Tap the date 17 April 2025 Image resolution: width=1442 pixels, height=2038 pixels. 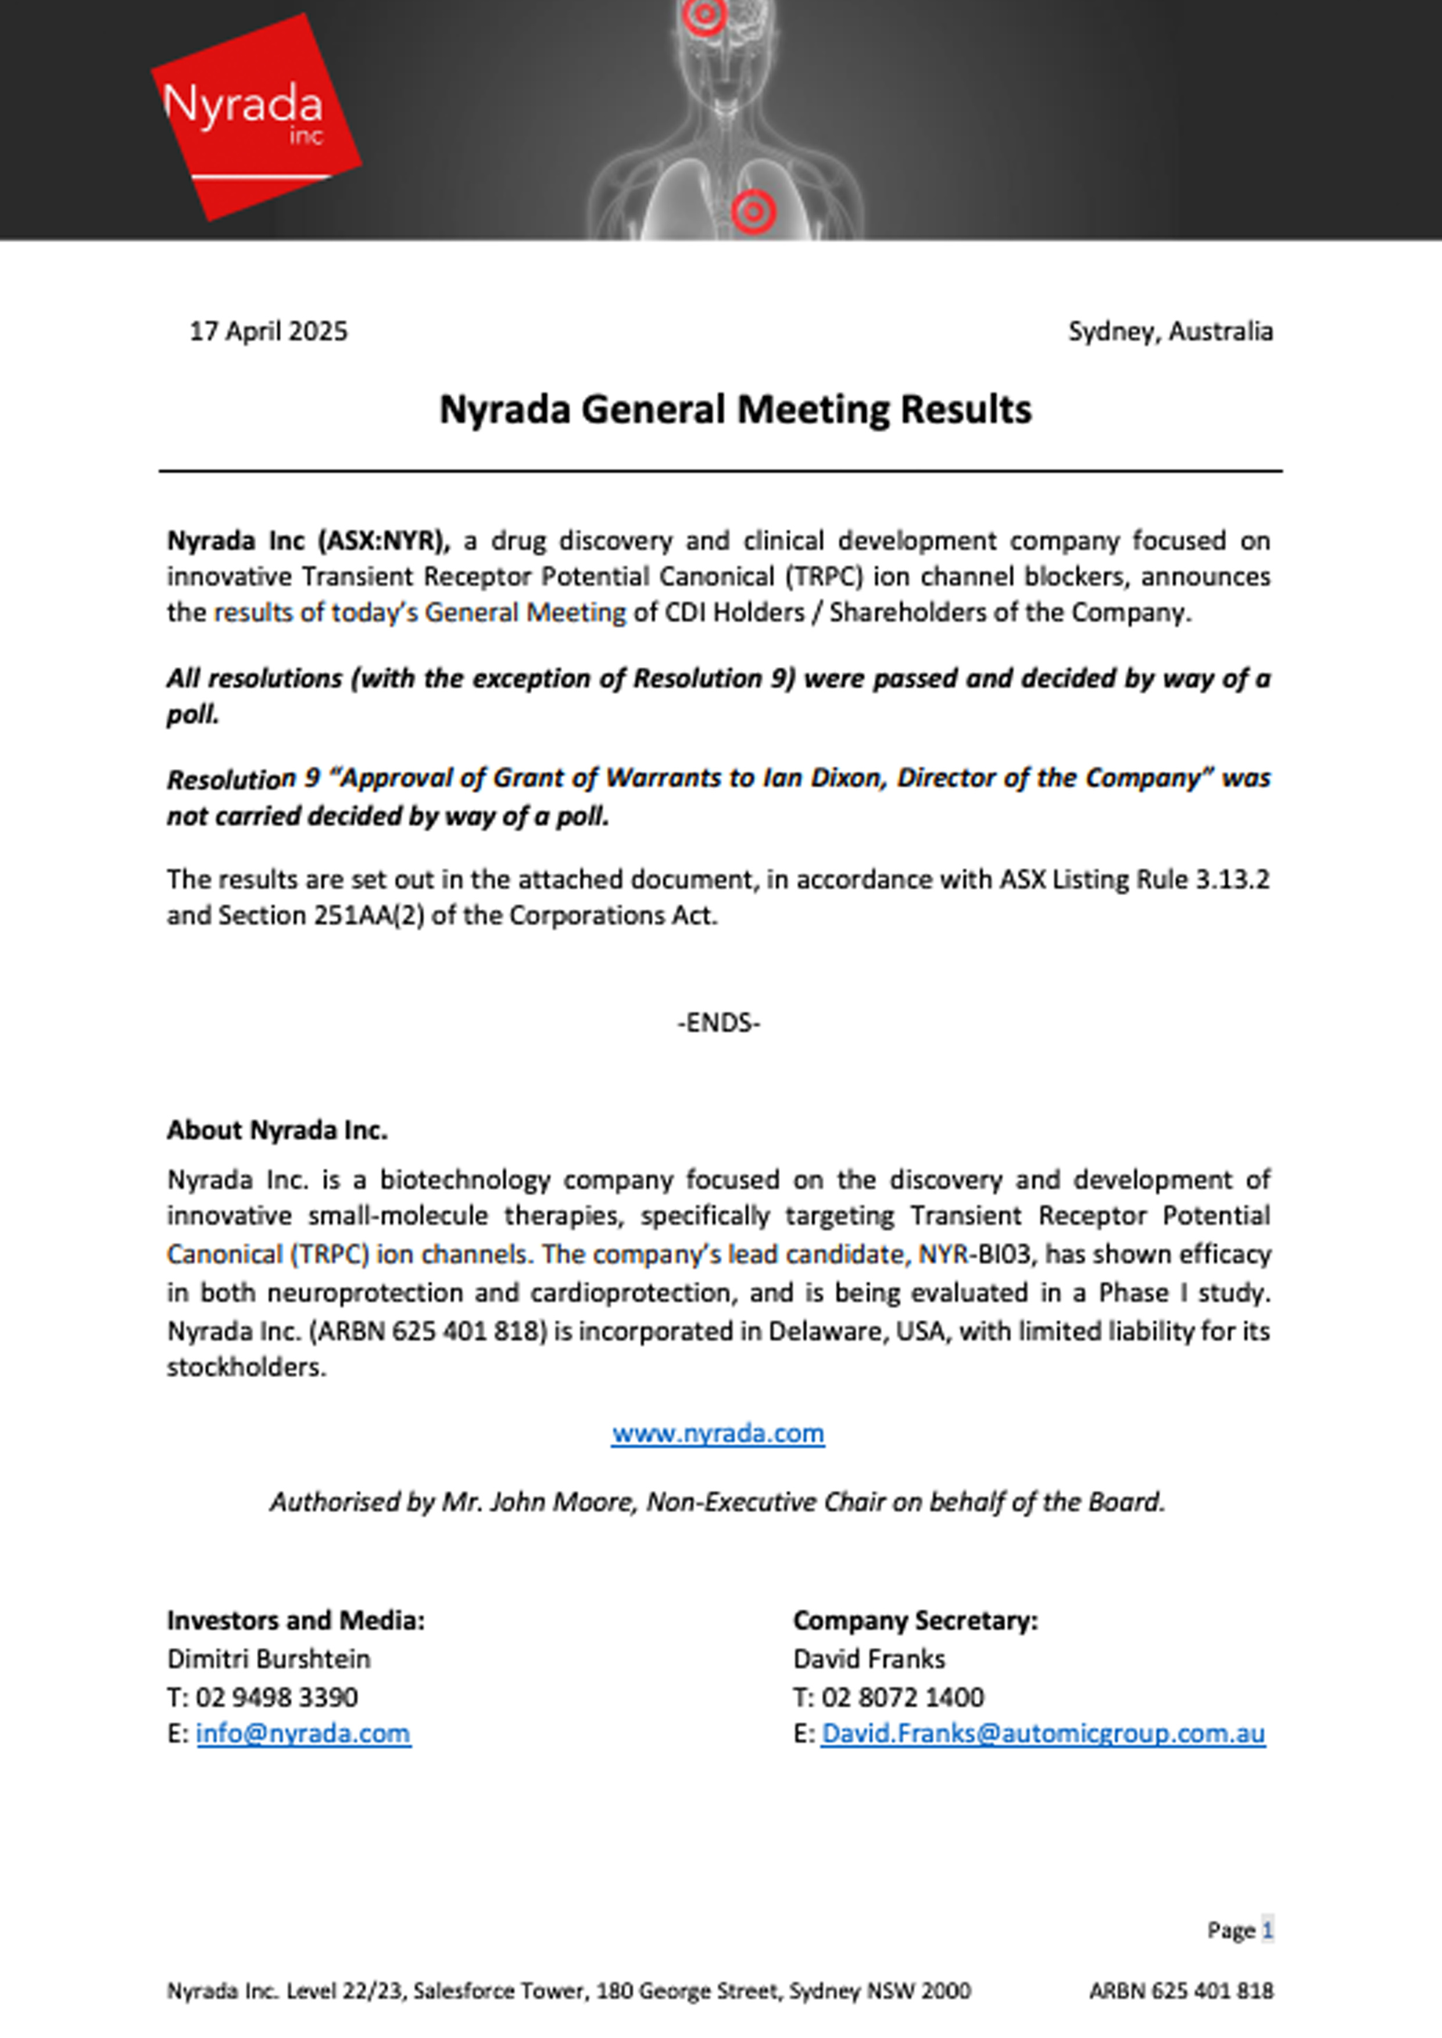[268, 331]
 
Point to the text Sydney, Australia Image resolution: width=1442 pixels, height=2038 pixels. [1169, 331]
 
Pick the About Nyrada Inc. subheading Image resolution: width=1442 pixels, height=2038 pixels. [277, 1130]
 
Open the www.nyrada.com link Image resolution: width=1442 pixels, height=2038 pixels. [717, 1434]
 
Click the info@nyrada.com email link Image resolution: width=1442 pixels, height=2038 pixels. [303, 1734]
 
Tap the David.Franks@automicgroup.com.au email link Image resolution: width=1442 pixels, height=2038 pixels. [1043, 1734]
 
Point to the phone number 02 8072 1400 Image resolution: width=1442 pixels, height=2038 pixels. [902, 1697]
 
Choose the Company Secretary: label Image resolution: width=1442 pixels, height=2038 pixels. [915, 1621]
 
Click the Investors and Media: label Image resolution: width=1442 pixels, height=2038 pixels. [296, 1621]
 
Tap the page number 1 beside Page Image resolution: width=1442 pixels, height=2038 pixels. [1267, 1930]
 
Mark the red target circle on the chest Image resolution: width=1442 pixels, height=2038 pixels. [753, 211]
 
